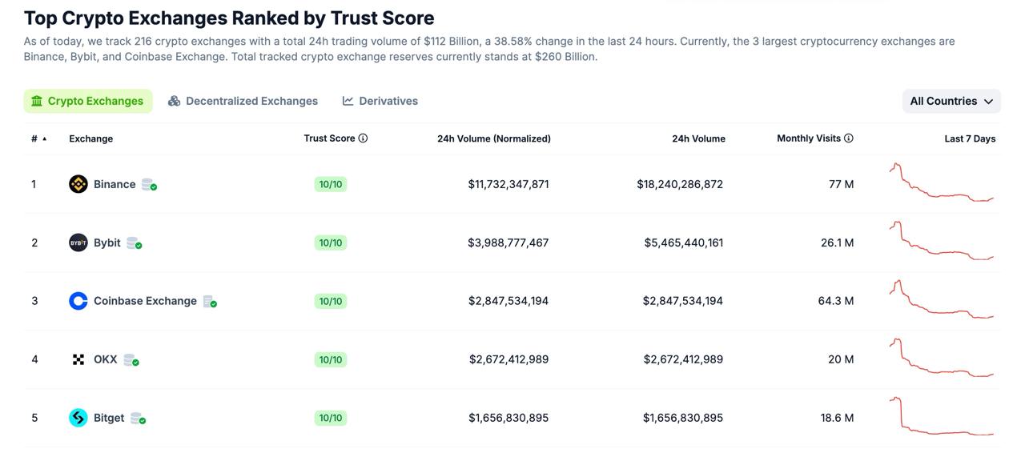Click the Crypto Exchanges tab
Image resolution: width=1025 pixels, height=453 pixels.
(88, 101)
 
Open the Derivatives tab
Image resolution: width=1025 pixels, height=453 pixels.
(380, 101)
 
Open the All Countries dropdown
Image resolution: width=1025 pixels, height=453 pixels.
(951, 101)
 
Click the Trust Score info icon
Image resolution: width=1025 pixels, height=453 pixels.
(363, 138)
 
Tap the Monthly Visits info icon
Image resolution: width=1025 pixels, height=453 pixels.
(849, 138)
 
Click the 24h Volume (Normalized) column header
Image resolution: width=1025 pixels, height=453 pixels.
(493, 138)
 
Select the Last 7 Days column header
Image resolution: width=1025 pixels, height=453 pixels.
(970, 138)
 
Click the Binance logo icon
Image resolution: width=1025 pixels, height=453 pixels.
(78, 184)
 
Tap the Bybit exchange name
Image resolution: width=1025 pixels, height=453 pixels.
(107, 243)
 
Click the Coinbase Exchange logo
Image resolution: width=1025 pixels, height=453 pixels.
(78, 301)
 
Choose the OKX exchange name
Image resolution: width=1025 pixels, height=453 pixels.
(105, 359)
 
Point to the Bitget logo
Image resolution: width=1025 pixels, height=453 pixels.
(78, 418)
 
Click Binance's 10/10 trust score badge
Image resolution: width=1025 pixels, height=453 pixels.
(331, 184)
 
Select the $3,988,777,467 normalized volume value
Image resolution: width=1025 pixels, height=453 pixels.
(508, 243)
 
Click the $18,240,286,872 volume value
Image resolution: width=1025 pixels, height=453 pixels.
(680, 184)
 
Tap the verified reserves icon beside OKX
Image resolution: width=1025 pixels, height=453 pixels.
(131, 360)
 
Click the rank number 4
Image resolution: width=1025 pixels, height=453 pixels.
(34, 359)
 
